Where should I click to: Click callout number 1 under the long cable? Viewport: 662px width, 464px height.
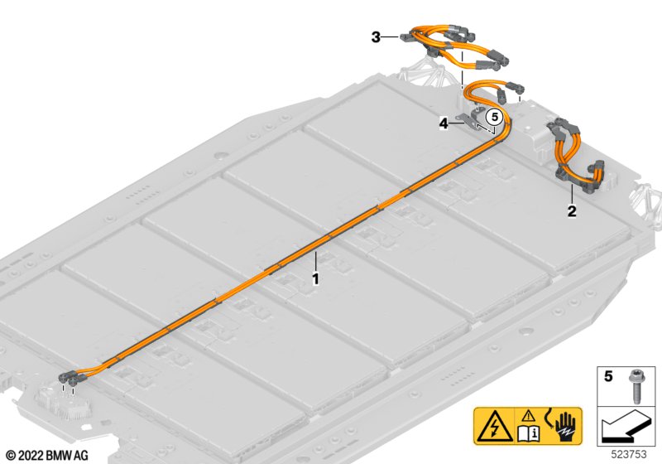tap(315, 279)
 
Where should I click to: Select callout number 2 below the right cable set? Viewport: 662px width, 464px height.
tap(572, 210)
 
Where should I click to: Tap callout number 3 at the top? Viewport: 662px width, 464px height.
tap(376, 37)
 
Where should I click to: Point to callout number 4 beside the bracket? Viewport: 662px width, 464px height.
tap(444, 123)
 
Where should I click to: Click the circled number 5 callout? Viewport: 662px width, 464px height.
tap(494, 116)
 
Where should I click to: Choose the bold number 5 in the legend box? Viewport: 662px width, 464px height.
tap(608, 375)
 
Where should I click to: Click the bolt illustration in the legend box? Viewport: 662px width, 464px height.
tap(636, 385)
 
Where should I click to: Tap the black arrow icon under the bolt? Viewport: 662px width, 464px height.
tap(625, 427)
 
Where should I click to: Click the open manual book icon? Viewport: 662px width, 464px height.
tap(528, 433)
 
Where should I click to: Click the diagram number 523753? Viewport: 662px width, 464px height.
tap(629, 454)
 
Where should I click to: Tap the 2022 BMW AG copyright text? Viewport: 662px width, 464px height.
tap(47, 456)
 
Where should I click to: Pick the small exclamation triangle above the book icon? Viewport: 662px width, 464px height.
tap(528, 416)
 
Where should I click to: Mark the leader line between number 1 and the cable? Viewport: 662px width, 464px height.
tap(315, 262)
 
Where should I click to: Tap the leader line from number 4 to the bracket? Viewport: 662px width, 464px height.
tap(457, 123)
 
